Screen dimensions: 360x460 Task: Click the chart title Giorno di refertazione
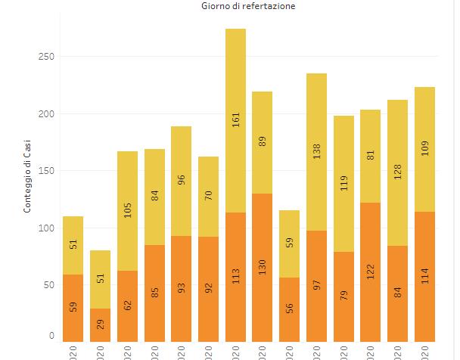pos(238,6)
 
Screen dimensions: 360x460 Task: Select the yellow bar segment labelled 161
pos(235,120)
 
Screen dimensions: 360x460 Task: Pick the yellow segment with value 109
pos(424,149)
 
